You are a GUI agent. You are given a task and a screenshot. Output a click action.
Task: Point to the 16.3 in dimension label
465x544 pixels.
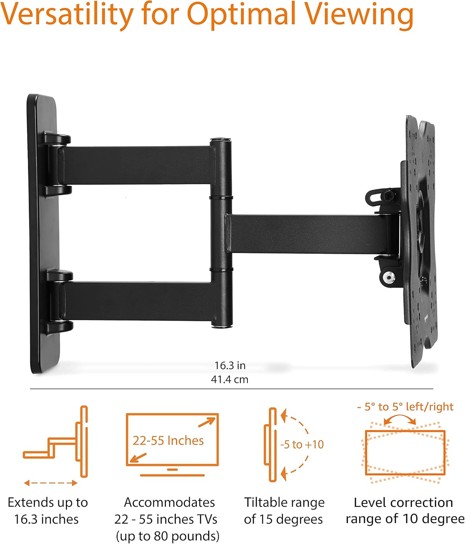(230, 366)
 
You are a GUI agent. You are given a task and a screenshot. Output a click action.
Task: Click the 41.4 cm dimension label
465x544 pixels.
(230, 380)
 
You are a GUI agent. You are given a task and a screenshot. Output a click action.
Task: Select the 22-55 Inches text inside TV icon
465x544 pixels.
(168, 441)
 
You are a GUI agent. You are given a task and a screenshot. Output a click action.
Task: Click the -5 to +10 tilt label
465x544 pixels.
(302, 445)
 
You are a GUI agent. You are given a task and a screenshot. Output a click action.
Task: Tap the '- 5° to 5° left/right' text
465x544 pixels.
(405, 407)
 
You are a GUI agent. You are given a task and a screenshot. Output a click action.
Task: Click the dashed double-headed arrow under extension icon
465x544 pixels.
(51, 483)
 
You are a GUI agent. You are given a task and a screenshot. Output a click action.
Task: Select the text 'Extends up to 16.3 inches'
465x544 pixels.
(47, 511)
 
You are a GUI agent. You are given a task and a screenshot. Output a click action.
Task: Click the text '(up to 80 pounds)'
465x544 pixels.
(168, 536)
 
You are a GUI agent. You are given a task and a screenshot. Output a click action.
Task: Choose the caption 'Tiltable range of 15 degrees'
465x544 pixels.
(284, 511)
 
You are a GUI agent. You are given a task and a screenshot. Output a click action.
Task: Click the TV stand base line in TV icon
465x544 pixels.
(172, 475)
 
